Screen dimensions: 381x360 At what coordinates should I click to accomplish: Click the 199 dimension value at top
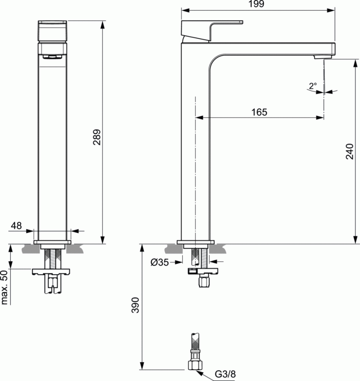tap(258, 4)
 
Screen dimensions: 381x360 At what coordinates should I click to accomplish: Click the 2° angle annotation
tap(313, 85)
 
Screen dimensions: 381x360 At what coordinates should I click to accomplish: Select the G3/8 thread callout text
tap(225, 374)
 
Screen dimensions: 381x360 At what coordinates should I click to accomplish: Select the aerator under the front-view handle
tap(52, 56)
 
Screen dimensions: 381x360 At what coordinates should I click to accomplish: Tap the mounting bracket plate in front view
tap(52, 271)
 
